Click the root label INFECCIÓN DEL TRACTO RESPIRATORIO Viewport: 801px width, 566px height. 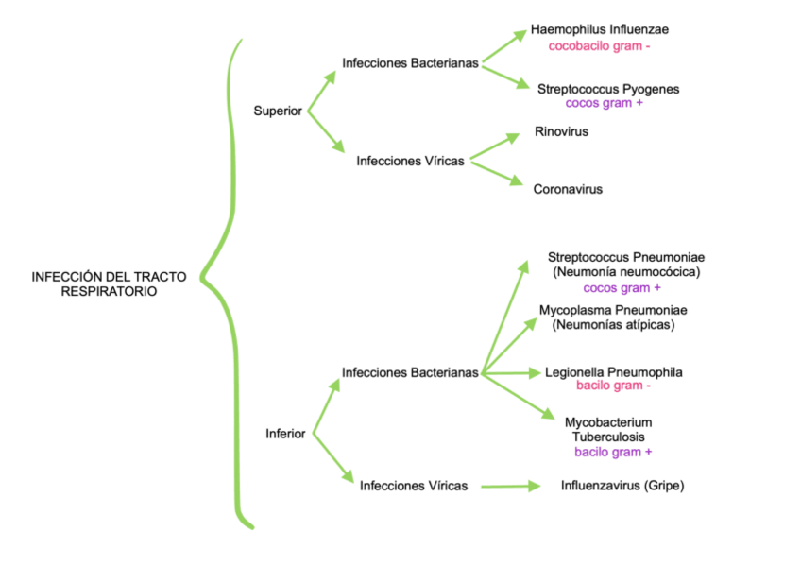point(109,284)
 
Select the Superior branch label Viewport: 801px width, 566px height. point(278,111)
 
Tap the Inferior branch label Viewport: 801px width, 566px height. point(285,434)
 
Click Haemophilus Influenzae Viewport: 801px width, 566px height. point(600,29)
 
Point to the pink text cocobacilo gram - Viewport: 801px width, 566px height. point(600,45)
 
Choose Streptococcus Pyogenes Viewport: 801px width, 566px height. point(608,89)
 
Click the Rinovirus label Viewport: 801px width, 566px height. point(561,131)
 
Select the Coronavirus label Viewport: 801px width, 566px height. point(568,189)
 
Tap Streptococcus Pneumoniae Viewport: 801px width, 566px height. point(626,257)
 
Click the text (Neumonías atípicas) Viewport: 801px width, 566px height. point(613,325)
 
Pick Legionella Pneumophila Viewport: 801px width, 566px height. point(614,372)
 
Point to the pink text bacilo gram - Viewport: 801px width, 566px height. point(614,386)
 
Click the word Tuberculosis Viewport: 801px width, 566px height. point(608,437)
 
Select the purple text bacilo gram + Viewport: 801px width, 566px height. point(613,452)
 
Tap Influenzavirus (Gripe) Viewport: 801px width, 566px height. point(622,486)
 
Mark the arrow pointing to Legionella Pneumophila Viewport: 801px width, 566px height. point(511,373)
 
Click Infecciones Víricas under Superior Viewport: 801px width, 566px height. point(410,161)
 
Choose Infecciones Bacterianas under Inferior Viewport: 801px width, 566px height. point(411,372)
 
